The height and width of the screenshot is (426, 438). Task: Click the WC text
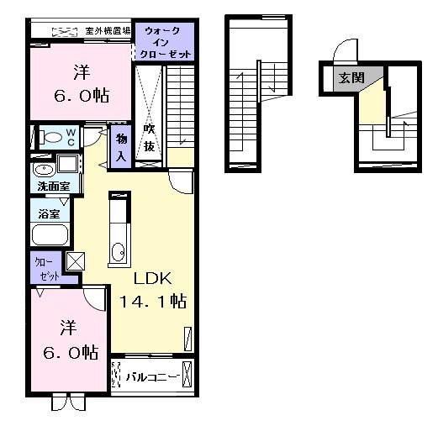point(71,138)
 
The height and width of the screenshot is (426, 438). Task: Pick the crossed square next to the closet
point(74,261)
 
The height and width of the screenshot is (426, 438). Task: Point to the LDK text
point(150,277)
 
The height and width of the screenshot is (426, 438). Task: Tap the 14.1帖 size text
point(150,301)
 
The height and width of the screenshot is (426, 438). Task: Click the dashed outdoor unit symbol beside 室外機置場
point(64,31)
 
